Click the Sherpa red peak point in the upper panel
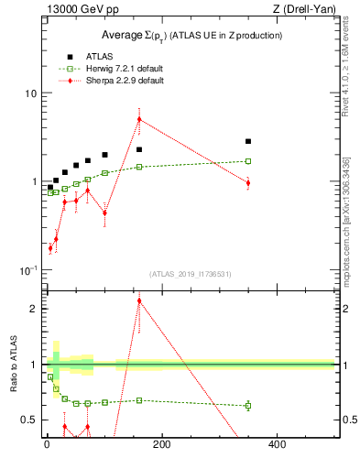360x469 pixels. click(x=139, y=119)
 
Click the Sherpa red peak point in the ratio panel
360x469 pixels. click(x=139, y=300)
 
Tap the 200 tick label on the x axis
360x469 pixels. click(x=161, y=444)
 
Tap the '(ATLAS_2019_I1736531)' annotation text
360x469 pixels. click(x=191, y=273)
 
